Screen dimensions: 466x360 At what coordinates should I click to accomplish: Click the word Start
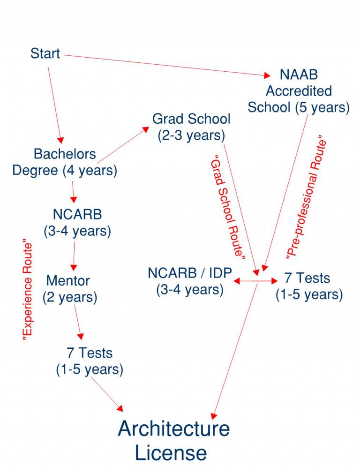[x=45, y=53]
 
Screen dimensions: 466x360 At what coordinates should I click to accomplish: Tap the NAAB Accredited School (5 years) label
[x=299, y=91]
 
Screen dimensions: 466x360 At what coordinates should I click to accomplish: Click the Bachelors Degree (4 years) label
[x=65, y=162]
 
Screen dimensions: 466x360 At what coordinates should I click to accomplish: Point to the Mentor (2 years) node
[x=69, y=289]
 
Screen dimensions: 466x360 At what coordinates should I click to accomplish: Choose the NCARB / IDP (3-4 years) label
[x=189, y=281]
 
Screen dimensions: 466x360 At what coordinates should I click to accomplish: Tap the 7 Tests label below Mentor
[x=90, y=361]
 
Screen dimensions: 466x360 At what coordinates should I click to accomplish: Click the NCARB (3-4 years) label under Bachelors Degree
[x=77, y=222]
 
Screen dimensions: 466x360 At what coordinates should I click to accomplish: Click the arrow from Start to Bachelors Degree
[x=54, y=103]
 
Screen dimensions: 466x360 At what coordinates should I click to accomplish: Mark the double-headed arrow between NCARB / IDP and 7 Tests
[x=255, y=281]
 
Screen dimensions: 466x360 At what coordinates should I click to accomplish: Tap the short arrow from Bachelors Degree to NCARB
[x=74, y=191]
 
